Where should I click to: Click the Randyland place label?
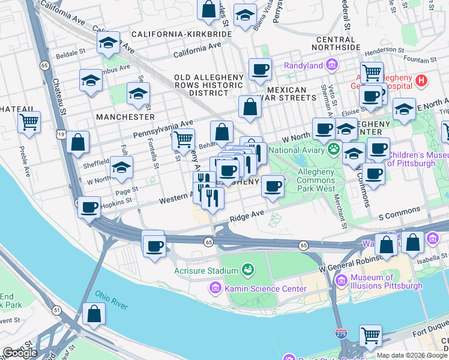pyautogui.click(x=303, y=65)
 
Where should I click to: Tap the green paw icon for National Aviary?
pyautogui.click(x=333, y=148)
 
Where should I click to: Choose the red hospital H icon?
pyautogui.click(x=421, y=80)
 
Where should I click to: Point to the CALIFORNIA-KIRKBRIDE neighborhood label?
pyautogui.click(x=181, y=35)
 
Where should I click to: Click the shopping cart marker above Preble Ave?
pyautogui.click(x=29, y=122)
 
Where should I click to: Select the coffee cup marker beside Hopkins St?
pyautogui.click(x=89, y=208)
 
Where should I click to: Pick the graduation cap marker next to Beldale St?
pyautogui.click(x=108, y=43)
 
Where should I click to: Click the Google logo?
pyautogui.click(x=20, y=353)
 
